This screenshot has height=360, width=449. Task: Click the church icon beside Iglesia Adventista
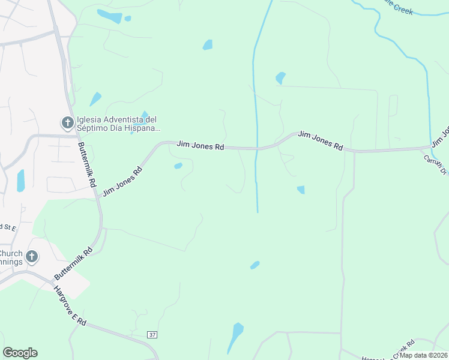67,123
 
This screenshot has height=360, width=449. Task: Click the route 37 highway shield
152,334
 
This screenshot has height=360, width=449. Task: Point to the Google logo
20,353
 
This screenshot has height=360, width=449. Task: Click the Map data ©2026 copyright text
423,355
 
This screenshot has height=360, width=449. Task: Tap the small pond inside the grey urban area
21,180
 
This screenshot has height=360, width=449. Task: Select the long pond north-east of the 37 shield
235,338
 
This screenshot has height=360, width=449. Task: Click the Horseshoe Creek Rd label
384,350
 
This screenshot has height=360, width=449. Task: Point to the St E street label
8,227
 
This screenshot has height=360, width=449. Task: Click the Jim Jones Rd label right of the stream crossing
321,140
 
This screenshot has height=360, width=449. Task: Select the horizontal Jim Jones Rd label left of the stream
200,146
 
